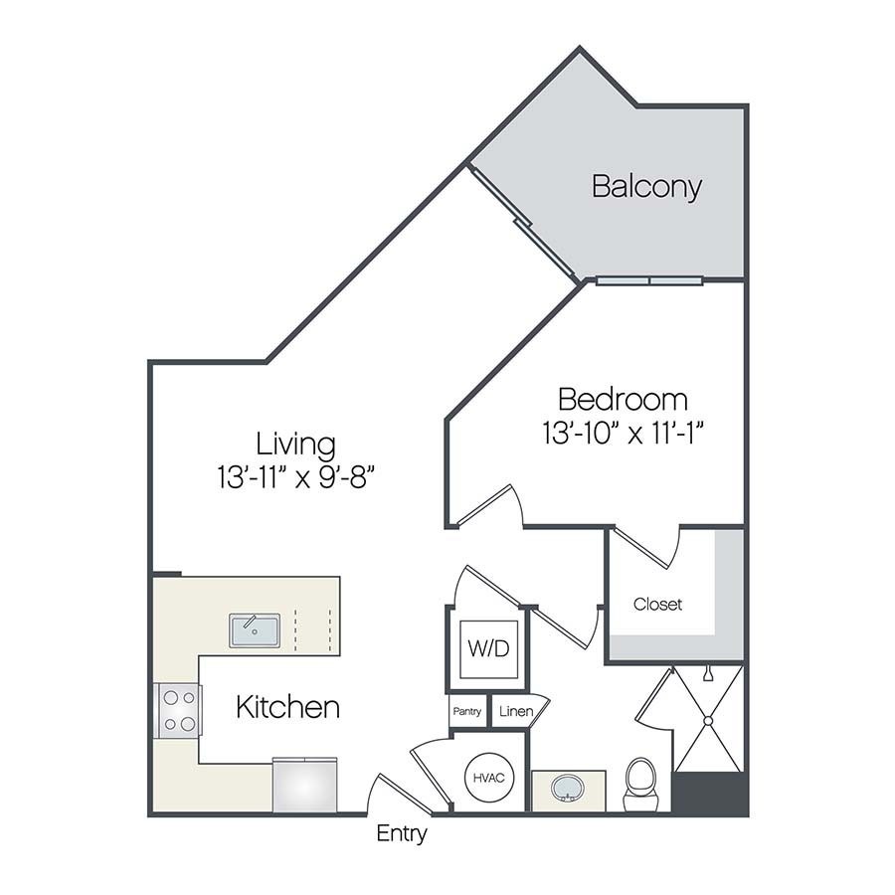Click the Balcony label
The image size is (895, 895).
[x=646, y=186]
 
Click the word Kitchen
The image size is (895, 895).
[x=287, y=708]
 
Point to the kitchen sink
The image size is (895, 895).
[x=255, y=629]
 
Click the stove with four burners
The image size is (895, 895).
[x=178, y=710]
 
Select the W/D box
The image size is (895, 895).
[x=487, y=649]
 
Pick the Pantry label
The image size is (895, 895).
[x=467, y=712]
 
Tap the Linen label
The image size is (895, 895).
[x=515, y=712]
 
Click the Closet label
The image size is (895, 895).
[x=657, y=604]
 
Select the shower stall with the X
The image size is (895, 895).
[x=705, y=718]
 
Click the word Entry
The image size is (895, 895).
[x=401, y=833]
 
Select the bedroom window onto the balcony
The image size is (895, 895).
[x=648, y=280]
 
